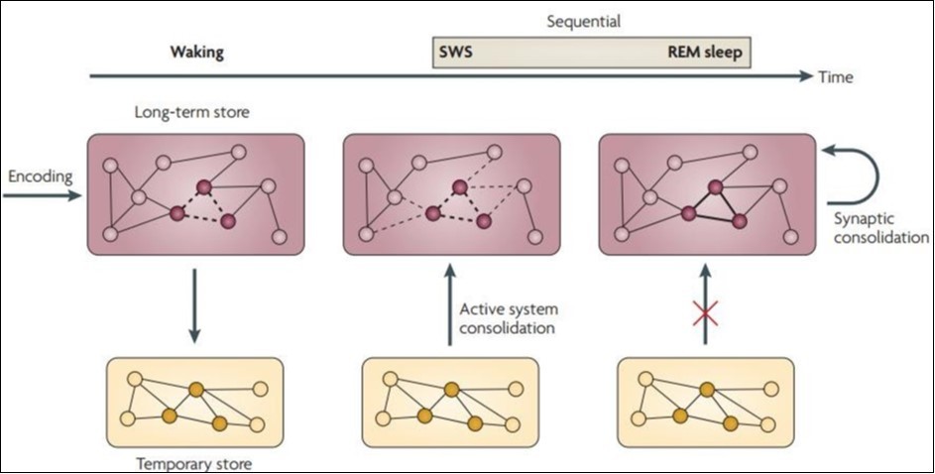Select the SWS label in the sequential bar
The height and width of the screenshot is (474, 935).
[x=453, y=51]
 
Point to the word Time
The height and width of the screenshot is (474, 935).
[x=836, y=76]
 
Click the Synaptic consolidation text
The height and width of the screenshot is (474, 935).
[x=878, y=229]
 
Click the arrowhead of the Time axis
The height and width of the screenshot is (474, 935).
[x=805, y=75]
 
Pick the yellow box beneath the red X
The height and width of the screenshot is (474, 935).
[x=706, y=402]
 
